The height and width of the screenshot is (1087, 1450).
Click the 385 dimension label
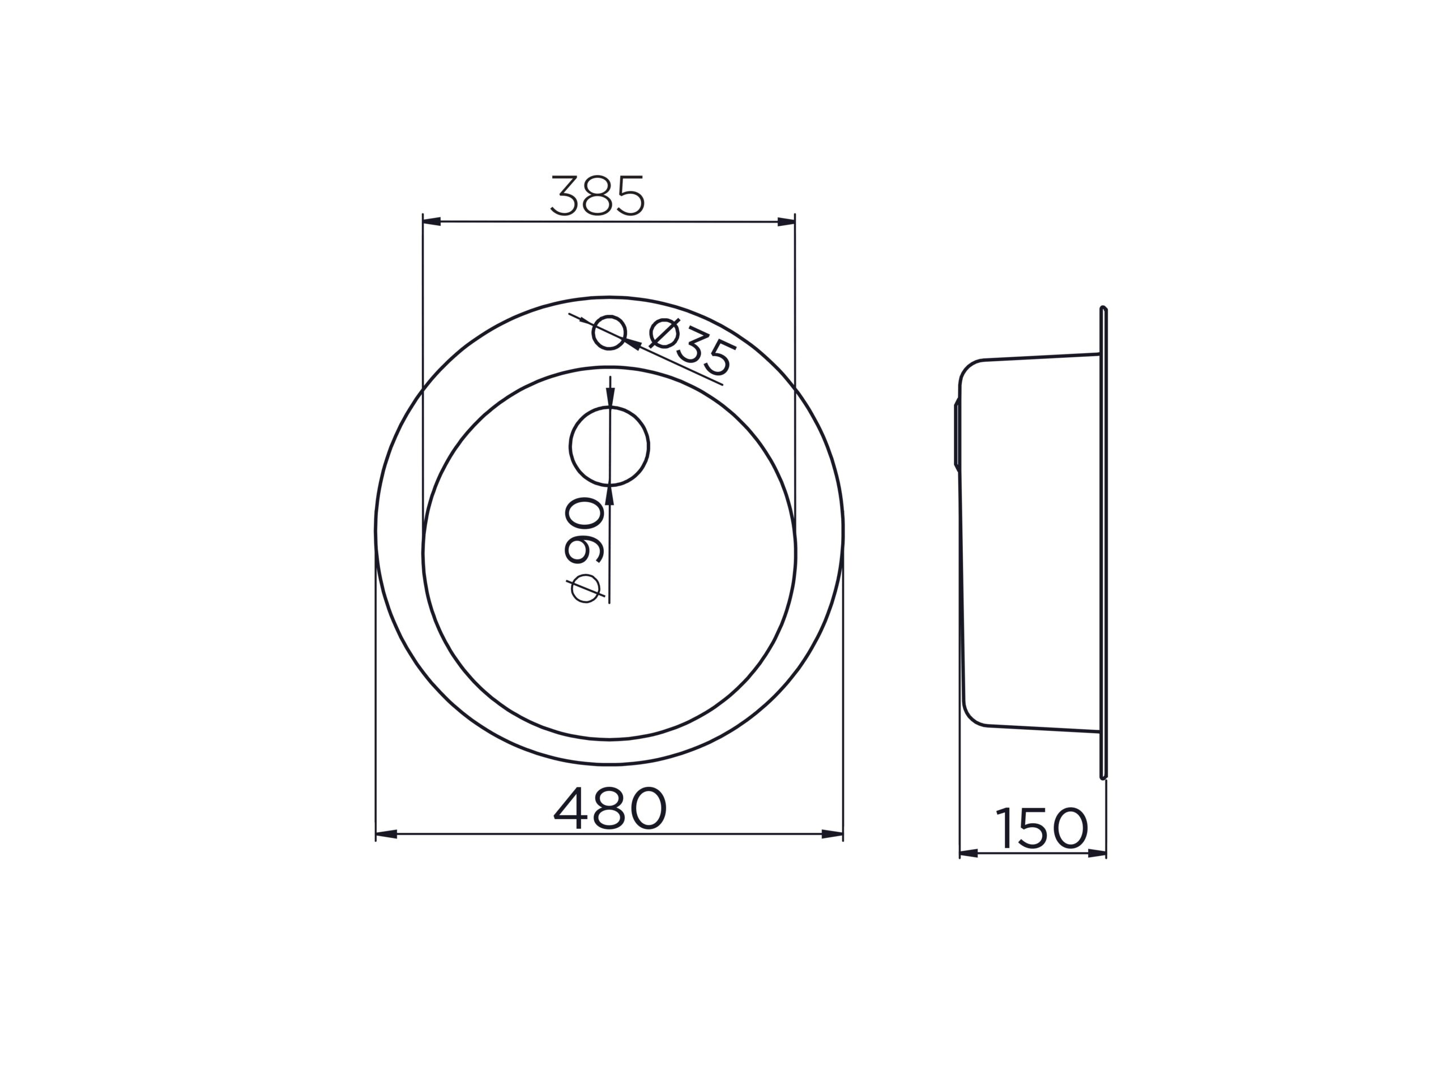[598, 195]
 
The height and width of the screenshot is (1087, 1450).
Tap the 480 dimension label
[609, 808]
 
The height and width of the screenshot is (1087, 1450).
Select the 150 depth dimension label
[1041, 828]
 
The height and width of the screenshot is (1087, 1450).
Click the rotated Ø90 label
[584, 550]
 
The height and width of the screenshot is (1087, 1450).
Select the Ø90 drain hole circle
[609, 446]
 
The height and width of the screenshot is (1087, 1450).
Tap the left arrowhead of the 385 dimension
[432, 221]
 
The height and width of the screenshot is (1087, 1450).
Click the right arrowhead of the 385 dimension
[786, 221]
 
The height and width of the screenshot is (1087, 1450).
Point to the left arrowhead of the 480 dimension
[386, 834]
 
